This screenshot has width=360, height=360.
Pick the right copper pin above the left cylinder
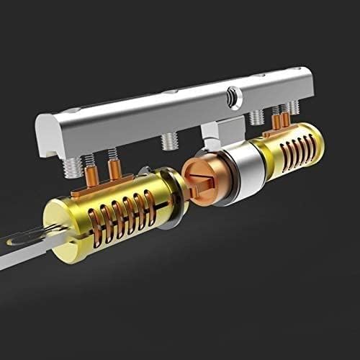(113, 169)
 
